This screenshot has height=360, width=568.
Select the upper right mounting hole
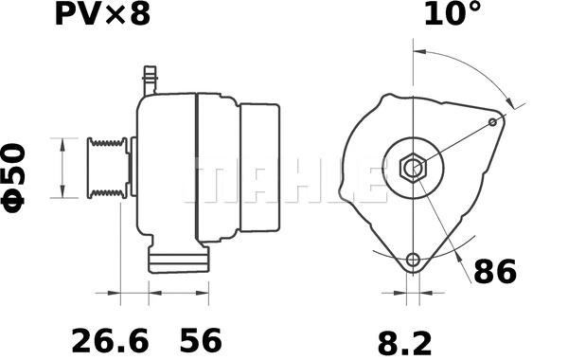click(494, 121)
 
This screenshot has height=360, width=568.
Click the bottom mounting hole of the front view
click(412, 261)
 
